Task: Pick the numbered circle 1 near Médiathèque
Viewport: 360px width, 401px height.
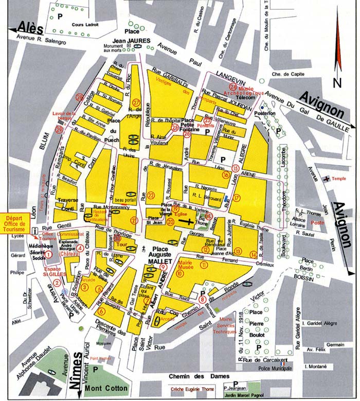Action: click(48, 253)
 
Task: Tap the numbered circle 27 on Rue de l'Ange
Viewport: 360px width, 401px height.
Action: click(136, 101)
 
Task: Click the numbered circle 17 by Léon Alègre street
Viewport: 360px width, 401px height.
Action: click(237, 198)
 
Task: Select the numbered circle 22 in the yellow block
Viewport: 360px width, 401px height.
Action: click(151, 195)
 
